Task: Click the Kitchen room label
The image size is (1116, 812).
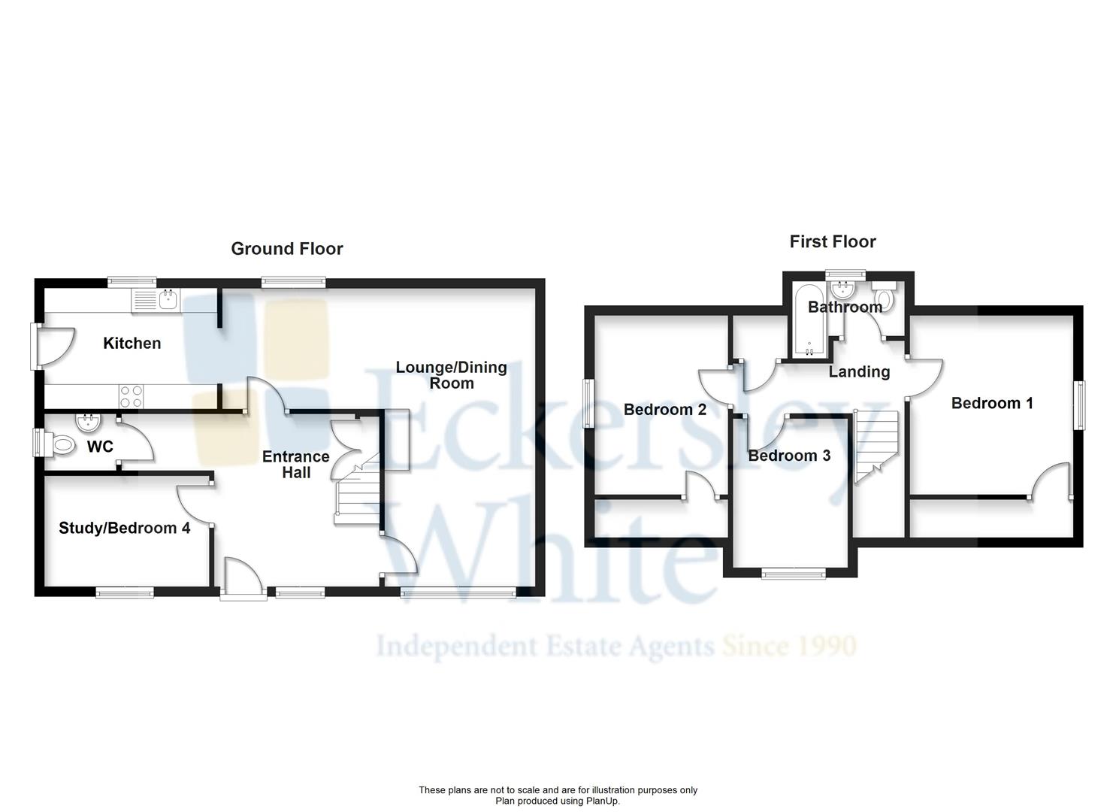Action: coord(132,344)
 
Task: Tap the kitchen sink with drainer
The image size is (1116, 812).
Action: coord(156,301)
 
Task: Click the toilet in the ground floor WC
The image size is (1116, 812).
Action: coord(62,446)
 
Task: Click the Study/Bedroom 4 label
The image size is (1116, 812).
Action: coord(125,529)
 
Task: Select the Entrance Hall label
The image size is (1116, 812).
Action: coord(295,465)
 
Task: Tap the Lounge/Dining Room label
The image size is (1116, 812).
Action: coord(451,375)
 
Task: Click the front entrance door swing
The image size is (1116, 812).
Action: coord(242,579)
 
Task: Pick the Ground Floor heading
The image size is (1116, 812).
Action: coord(286,249)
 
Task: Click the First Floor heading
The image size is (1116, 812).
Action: coord(832,242)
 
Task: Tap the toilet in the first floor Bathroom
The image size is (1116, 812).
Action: coord(882,298)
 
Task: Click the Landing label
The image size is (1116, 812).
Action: coord(859,371)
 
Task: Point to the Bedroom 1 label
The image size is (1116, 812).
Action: coord(992,403)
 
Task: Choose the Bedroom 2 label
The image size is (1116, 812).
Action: coord(664,410)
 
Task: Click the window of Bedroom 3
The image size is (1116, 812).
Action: coord(793,574)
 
